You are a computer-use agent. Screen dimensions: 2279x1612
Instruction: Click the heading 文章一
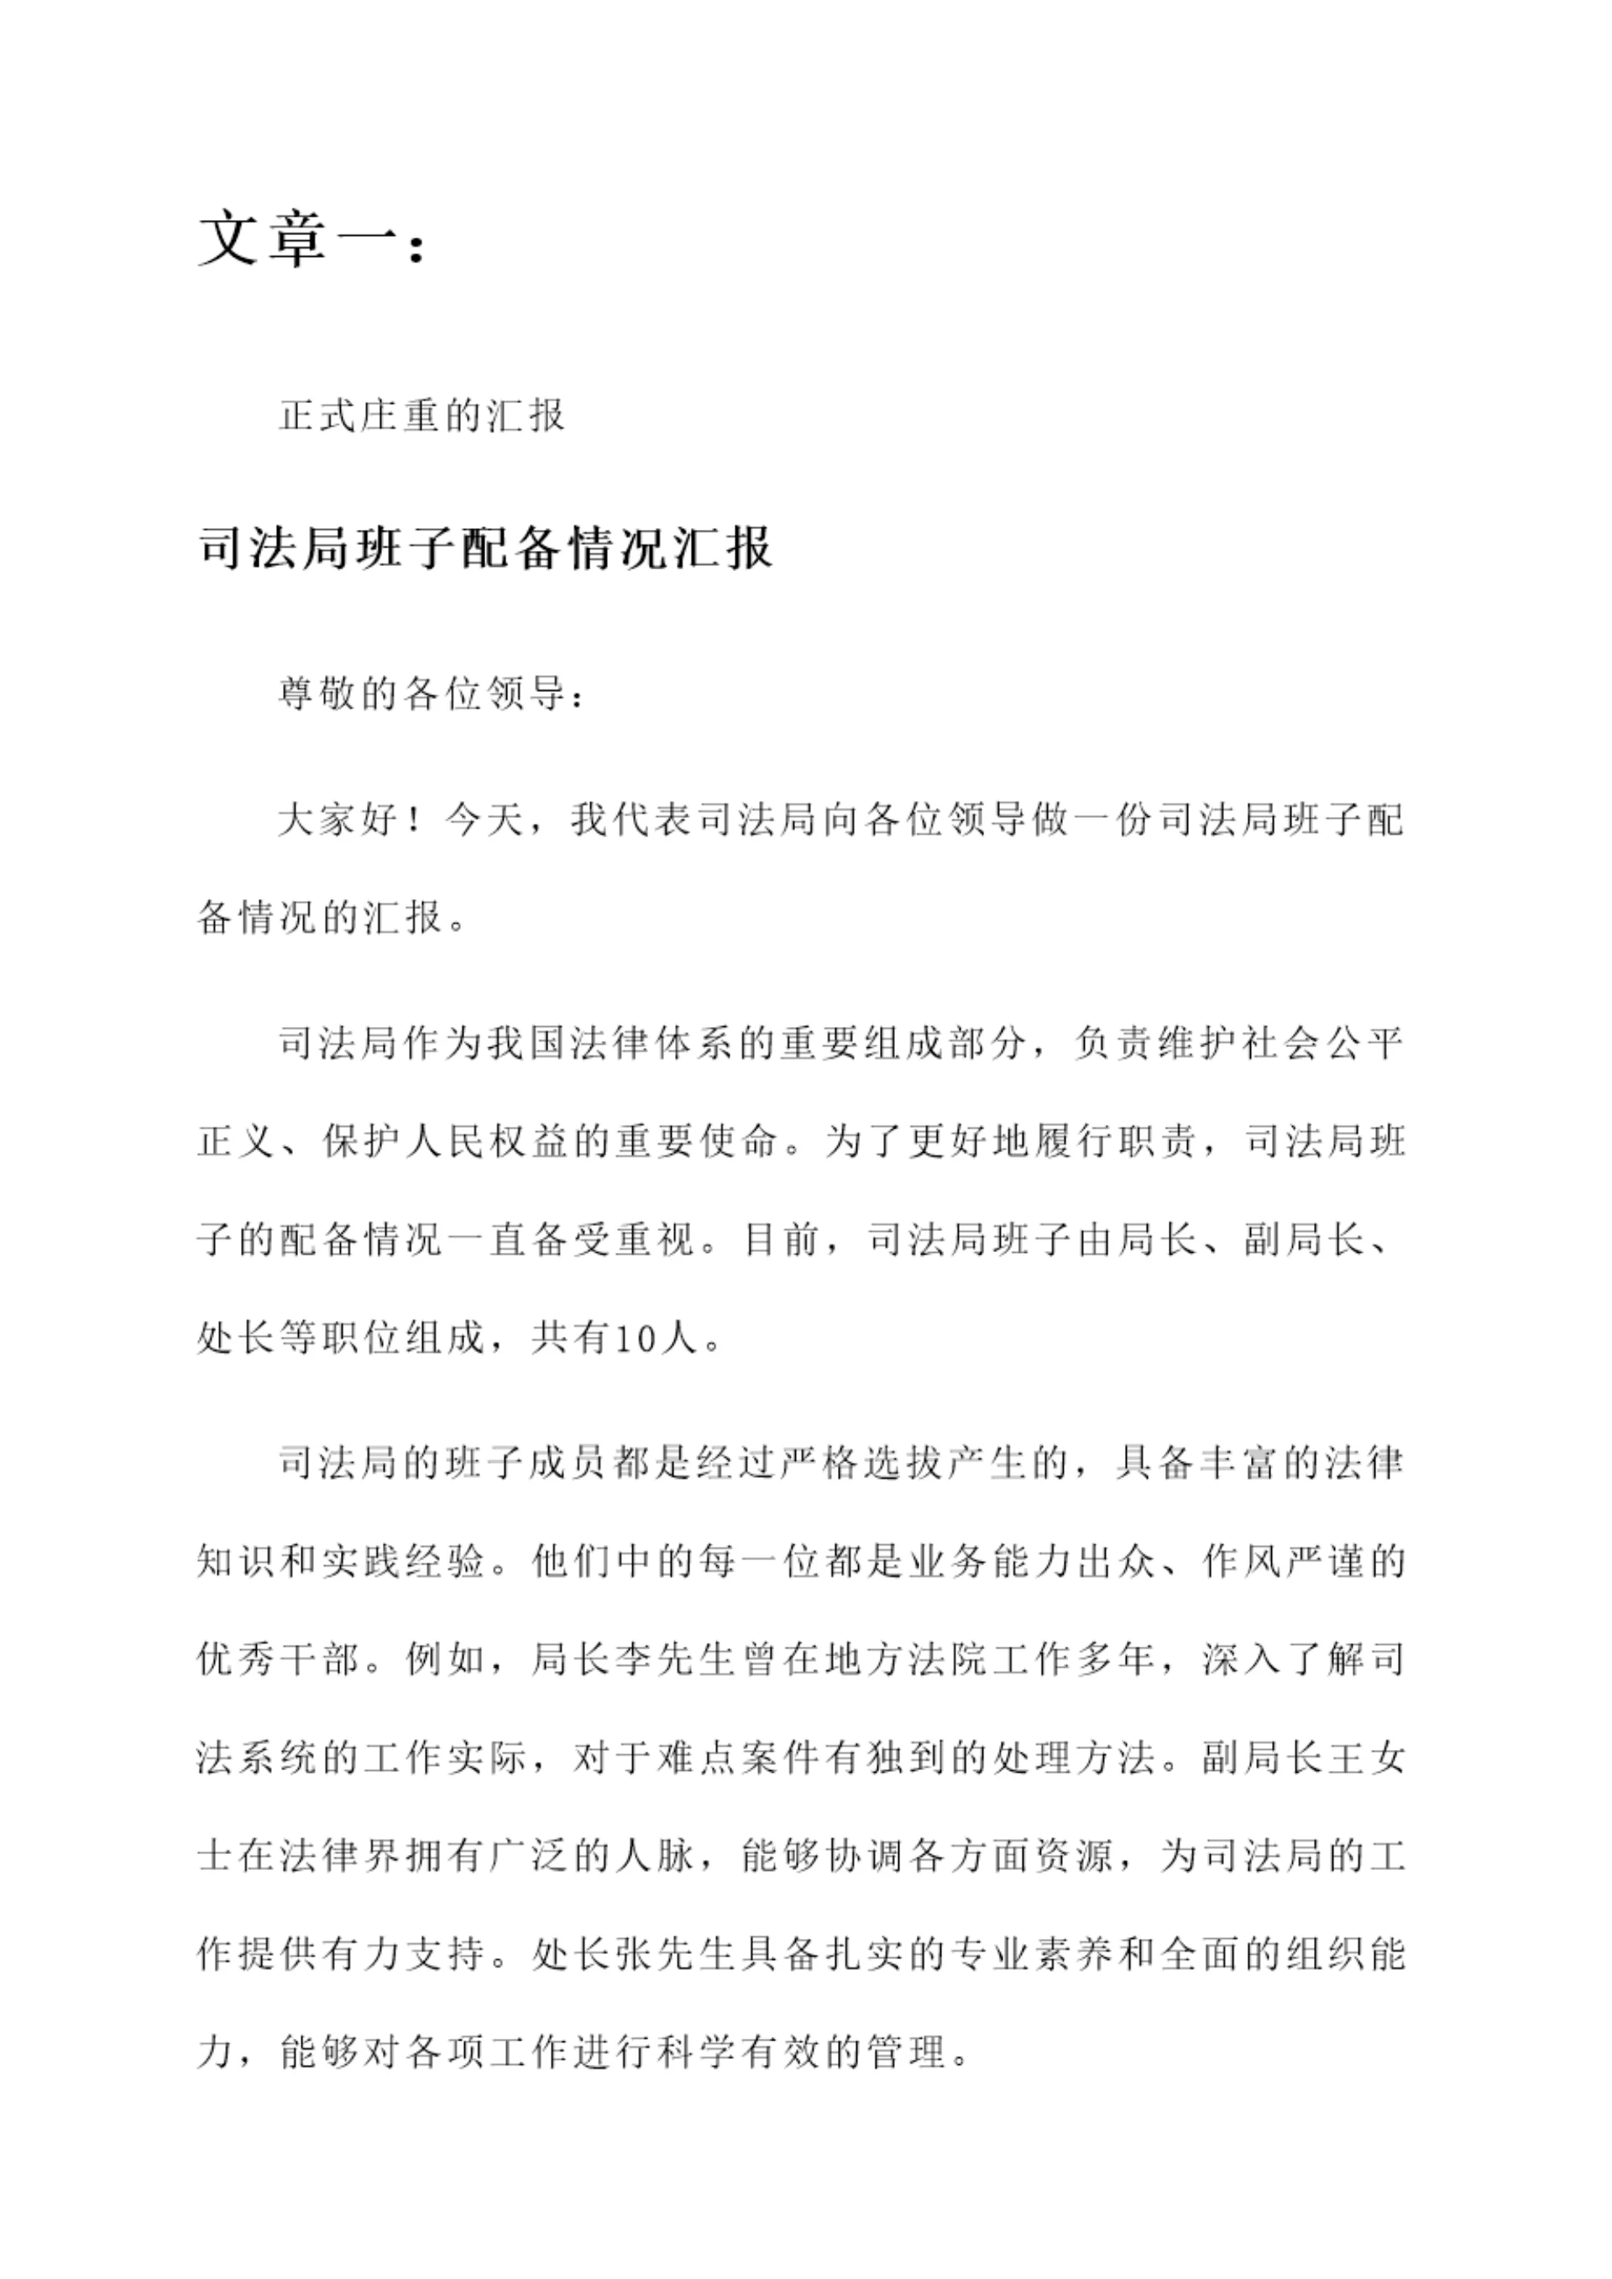[311, 240]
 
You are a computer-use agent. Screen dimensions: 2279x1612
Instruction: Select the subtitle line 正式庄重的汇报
[421, 415]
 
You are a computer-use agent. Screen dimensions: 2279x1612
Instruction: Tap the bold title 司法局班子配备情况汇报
[484, 547]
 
